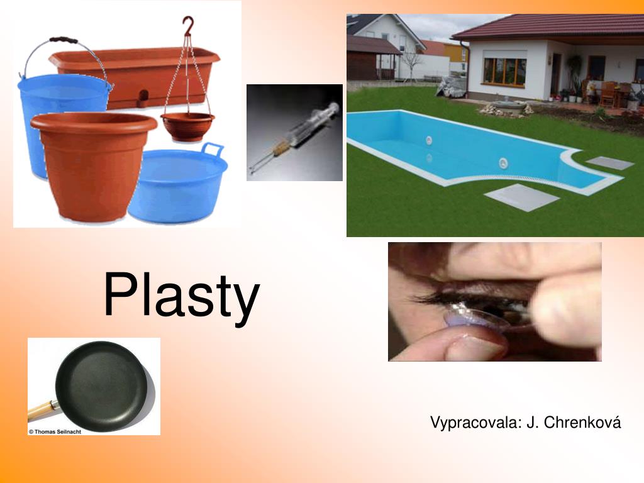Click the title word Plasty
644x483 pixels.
coord(181,296)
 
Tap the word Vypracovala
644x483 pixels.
coord(476,422)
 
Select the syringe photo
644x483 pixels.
coord(294,133)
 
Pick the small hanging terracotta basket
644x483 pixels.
coord(187,126)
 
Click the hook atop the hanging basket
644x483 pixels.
coord(187,26)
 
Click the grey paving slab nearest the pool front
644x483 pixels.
coord(521,197)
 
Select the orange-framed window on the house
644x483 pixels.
coord(504,71)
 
